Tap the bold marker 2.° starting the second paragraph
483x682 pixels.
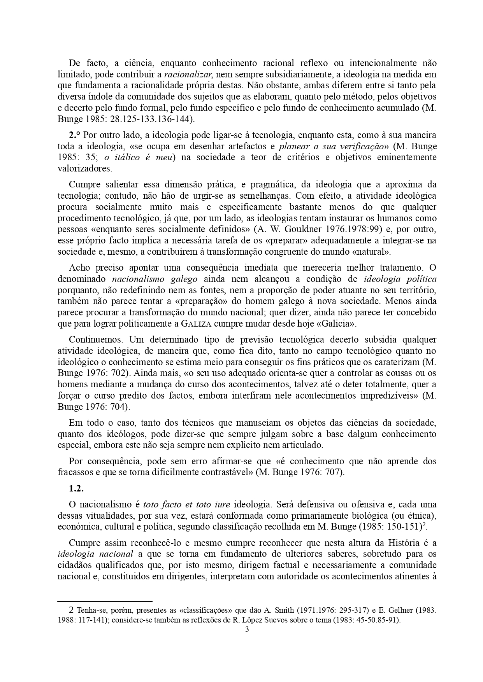[74, 135]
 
